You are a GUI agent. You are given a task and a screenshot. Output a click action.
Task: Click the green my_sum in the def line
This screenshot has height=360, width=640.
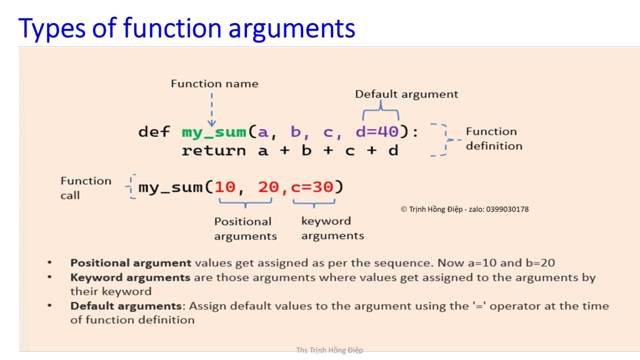pyautogui.click(x=214, y=132)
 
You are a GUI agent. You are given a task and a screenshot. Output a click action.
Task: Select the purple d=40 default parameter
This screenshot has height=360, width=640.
pyautogui.click(x=377, y=132)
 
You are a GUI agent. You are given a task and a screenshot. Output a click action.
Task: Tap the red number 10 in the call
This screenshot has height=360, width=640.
pyautogui.click(x=225, y=187)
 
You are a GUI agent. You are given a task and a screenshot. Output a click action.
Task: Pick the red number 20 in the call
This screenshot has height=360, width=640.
pyautogui.click(x=268, y=187)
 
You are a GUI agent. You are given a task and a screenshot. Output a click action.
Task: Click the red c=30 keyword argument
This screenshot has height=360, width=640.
pyautogui.click(x=312, y=187)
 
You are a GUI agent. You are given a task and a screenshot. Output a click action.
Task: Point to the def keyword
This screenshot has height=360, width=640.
pyautogui.click(x=153, y=132)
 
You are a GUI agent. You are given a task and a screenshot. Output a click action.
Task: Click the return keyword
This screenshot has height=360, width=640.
pyautogui.click(x=214, y=151)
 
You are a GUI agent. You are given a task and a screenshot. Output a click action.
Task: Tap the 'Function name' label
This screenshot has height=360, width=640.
pyautogui.click(x=214, y=84)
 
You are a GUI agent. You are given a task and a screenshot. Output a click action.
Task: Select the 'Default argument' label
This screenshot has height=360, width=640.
pyautogui.click(x=406, y=94)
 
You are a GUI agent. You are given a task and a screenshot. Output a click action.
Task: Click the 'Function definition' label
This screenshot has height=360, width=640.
pyautogui.click(x=493, y=139)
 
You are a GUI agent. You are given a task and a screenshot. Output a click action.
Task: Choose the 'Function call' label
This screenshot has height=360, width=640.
pyautogui.click(x=85, y=187)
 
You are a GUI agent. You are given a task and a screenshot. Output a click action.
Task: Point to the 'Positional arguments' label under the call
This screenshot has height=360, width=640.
pyautogui.click(x=244, y=229)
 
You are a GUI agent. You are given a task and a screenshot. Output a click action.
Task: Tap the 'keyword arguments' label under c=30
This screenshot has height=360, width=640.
pyautogui.click(x=332, y=228)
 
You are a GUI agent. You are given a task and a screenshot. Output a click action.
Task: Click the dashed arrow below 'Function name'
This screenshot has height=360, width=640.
pyautogui.click(x=212, y=109)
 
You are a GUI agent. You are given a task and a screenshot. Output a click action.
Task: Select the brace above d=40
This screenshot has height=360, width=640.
pyautogui.click(x=381, y=112)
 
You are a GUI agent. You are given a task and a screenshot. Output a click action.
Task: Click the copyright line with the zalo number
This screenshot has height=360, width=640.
pyautogui.click(x=464, y=209)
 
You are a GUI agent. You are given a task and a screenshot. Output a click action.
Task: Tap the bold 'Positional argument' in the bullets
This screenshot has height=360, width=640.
pyautogui.click(x=131, y=263)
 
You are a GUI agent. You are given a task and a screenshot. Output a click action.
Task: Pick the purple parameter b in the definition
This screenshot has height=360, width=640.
pyautogui.click(x=296, y=132)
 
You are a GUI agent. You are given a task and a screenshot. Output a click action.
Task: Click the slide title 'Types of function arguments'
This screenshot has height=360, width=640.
pyautogui.click(x=187, y=29)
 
